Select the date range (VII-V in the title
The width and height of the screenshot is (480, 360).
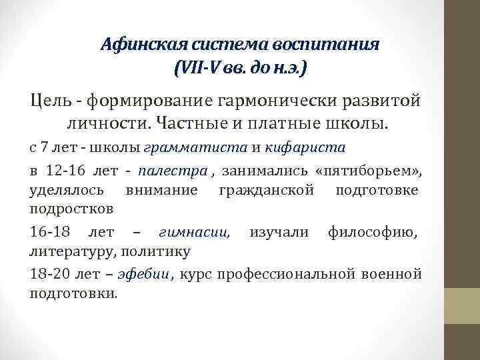[197, 69]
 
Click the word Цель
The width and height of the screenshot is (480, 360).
[49, 101]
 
